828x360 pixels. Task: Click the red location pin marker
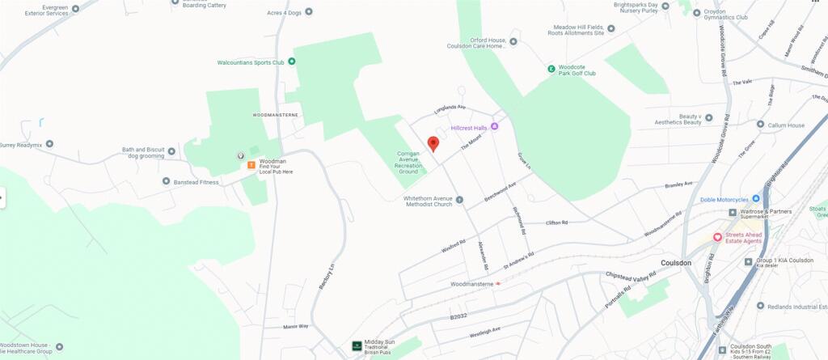coord(433,143)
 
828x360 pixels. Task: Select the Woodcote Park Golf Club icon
coord(551,69)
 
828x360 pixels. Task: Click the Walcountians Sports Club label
coord(251,61)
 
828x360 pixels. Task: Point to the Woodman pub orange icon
coord(252,166)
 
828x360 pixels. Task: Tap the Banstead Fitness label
coord(196,182)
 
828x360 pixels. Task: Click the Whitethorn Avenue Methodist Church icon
coord(459,200)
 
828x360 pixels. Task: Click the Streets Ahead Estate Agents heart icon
coord(716,236)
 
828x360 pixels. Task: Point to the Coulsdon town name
coord(676,263)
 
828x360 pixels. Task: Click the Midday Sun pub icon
coord(357,345)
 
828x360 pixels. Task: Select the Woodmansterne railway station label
coord(471,284)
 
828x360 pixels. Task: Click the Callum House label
coord(786,125)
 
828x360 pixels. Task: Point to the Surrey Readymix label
coord(19,145)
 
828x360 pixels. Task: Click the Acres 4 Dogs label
coord(285,11)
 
